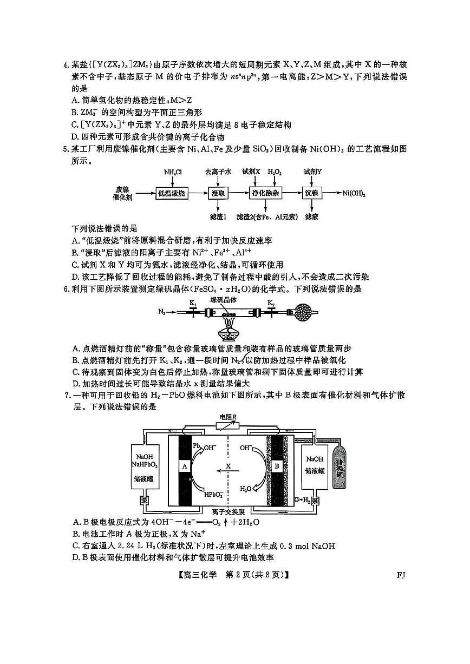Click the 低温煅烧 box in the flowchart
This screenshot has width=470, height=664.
pos(173,193)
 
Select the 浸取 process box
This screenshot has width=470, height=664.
pos(219,193)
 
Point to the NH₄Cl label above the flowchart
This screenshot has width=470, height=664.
pos(173,172)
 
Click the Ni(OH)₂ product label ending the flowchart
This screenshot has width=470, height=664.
pos(354,193)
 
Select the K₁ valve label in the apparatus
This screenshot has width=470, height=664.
pos(193,303)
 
